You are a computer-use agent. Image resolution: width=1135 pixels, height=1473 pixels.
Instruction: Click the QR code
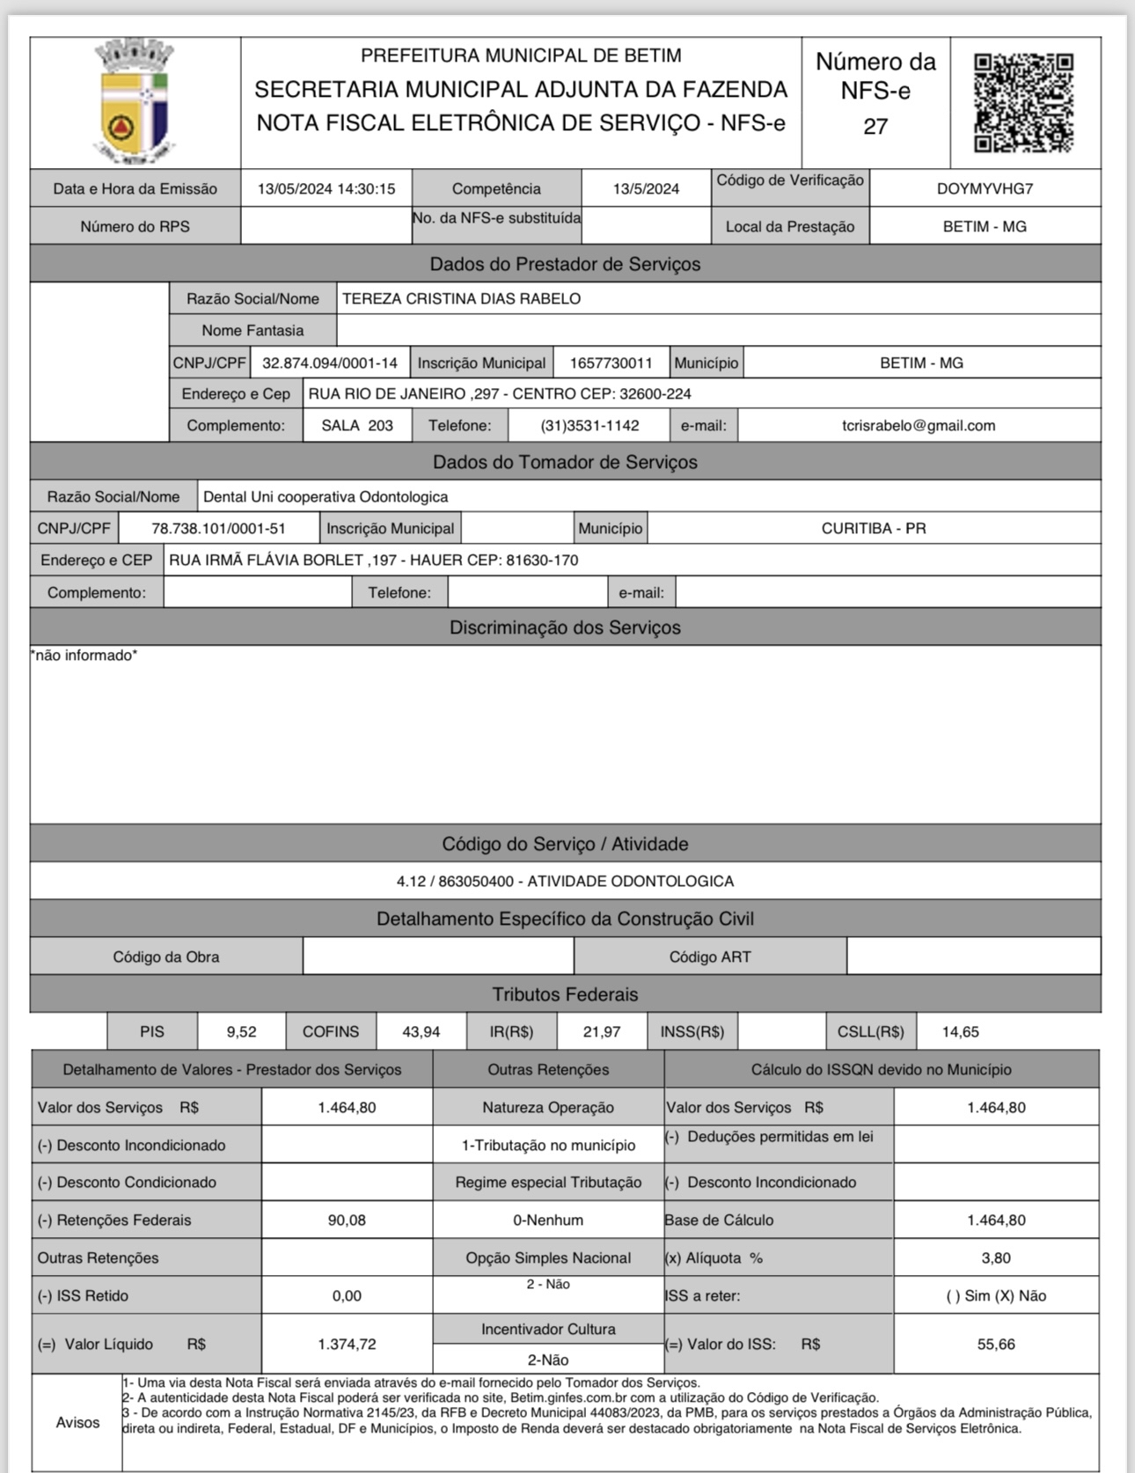pos(1024,103)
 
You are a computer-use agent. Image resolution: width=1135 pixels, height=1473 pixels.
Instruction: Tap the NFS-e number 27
pos(875,127)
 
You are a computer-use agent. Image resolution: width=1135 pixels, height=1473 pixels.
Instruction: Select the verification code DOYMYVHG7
pos(985,188)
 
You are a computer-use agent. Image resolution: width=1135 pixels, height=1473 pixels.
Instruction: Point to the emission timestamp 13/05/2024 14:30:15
pos(326,188)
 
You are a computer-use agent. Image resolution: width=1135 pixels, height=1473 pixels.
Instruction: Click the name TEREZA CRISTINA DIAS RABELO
pos(461,298)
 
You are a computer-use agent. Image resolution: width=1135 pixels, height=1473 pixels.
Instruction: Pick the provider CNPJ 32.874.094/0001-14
pos(330,363)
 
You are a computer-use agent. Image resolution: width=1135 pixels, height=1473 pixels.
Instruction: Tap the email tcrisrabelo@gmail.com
pos(919,426)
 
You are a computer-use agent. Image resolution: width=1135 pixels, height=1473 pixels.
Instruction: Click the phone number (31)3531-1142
pos(589,426)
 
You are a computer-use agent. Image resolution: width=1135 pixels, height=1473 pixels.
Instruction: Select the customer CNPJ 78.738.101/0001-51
pos(218,529)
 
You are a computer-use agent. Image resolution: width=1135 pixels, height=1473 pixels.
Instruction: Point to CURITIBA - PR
pos(873,529)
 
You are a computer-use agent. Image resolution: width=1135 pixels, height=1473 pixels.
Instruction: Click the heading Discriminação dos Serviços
pos(565,627)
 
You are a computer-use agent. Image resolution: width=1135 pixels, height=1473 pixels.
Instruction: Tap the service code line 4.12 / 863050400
pos(565,881)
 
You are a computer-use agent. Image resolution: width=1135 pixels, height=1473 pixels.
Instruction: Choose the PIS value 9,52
pos(241,1031)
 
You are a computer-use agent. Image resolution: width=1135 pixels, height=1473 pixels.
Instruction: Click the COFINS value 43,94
pos(421,1031)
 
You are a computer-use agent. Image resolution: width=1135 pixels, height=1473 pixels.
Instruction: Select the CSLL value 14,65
pos(960,1031)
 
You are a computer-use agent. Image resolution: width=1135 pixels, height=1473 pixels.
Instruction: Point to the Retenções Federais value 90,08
pos(347,1220)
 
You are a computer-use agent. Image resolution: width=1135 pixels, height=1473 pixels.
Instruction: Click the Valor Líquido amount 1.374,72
pos(347,1345)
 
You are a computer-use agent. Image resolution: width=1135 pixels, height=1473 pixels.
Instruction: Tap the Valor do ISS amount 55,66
pos(996,1345)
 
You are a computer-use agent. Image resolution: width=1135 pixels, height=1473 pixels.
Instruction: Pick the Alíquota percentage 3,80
pos(996,1258)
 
